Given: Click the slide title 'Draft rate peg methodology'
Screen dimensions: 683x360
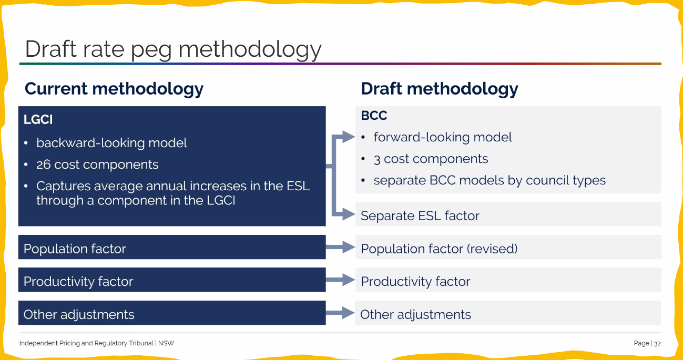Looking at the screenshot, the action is tap(173, 49).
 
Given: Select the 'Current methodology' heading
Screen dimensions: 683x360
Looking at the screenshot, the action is tap(114, 89).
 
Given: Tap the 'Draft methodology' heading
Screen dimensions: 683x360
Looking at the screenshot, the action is tap(440, 89).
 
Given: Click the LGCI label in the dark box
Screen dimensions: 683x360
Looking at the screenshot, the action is tap(38, 119).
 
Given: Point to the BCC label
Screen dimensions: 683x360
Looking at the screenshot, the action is tap(374, 116).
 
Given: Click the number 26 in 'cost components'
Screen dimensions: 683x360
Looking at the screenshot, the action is tap(43, 164).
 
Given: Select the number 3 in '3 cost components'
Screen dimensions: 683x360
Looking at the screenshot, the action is tap(377, 159).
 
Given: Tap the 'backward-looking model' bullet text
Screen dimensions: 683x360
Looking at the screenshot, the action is tap(111, 143).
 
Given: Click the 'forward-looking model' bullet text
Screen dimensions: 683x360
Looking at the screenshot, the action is tap(443, 138).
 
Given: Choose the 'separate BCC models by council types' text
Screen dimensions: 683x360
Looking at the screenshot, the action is tap(490, 180).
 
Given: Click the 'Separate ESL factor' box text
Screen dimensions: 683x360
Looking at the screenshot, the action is tap(420, 216).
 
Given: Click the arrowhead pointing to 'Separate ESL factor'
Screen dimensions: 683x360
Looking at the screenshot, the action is tap(349, 214).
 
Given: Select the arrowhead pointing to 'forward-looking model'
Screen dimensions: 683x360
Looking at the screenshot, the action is tap(349, 137).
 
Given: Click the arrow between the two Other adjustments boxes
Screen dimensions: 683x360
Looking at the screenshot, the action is tap(340, 313).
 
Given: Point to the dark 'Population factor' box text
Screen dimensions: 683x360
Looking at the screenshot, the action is tap(75, 249).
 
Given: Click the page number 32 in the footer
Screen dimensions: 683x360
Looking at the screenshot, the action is tap(657, 343).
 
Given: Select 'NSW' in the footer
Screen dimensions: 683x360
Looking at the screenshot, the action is tap(166, 343).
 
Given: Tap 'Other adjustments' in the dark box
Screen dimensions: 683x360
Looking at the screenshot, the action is tap(79, 315).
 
